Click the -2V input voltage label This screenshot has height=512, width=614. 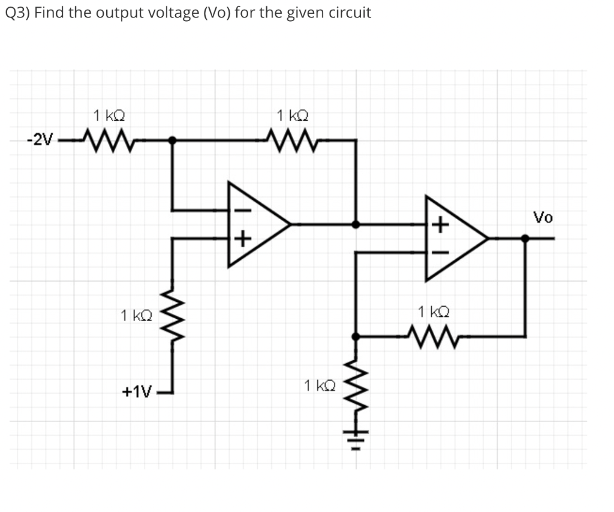pos(40,141)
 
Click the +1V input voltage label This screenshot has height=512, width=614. pos(137,392)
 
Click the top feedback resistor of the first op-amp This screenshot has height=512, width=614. pos(291,140)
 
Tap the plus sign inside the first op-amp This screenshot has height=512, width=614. pos(240,241)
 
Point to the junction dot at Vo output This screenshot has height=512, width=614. pos(525,238)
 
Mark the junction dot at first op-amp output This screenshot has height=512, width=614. pos(356,224)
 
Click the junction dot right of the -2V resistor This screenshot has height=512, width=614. pos(173,140)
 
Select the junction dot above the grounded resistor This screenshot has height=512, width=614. pos(356,337)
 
